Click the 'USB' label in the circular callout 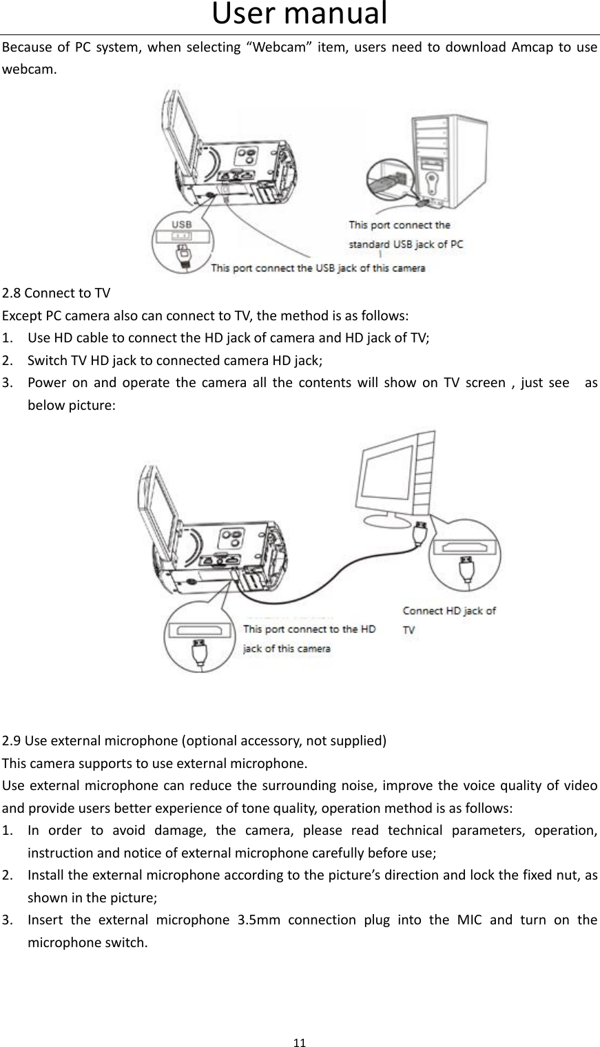tap(182, 225)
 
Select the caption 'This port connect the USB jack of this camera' tap(318, 268)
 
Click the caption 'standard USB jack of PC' tap(406, 244)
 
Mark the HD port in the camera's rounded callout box tap(199, 631)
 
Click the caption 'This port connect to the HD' tap(310, 629)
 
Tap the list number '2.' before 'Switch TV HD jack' tap(9, 360)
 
